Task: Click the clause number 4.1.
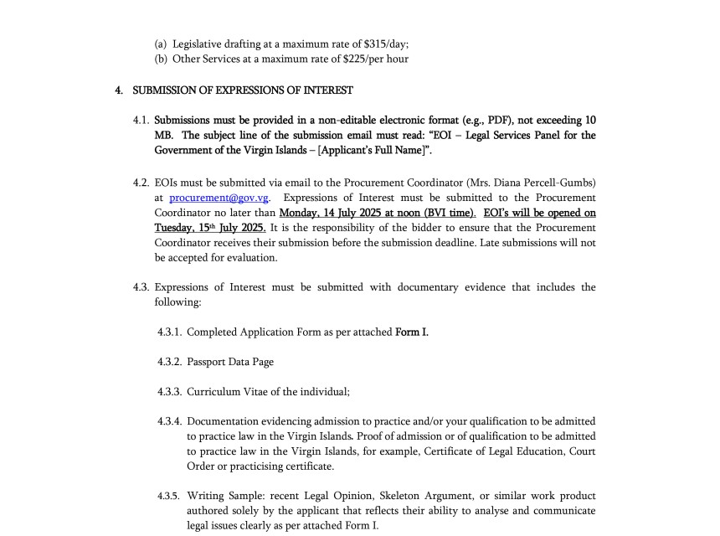pyautogui.click(x=141, y=121)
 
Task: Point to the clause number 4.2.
pyautogui.click(x=141, y=183)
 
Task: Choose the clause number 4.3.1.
pyautogui.click(x=170, y=332)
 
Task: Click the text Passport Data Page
pyautogui.click(x=230, y=362)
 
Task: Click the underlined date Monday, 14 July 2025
pyautogui.click(x=331, y=213)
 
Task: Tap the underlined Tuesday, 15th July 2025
pyautogui.click(x=210, y=228)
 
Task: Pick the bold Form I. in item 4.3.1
pyautogui.click(x=412, y=332)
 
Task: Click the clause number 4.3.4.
pyautogui.click(x=170, y=421)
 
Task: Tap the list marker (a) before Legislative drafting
pyautogui.click(x=161, y=44)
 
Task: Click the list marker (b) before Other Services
pyautogui.click(x=161, y=59)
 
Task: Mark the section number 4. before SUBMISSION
pyautogui.click(x=120, y=90)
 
